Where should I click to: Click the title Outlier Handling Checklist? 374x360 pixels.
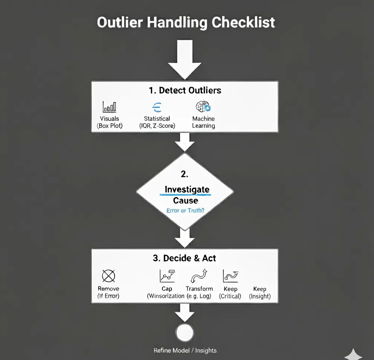pos(186,23)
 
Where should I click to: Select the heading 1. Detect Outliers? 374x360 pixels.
pos(185,90)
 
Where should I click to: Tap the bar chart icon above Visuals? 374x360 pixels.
pos(109,107)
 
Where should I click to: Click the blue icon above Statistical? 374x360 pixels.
pos(157,107)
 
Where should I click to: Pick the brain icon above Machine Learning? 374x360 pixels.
pos(203,107)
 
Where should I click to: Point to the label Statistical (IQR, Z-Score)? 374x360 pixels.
pos(157,122)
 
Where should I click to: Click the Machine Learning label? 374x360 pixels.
pos(203,122)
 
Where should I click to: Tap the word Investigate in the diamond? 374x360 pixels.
pos(187,189)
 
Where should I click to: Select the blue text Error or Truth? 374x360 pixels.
pos(185,210)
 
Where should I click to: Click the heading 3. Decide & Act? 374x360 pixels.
pos(184,258)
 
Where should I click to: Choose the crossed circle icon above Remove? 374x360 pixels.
pos(108,276)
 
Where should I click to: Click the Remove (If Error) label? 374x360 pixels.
pos(108,292)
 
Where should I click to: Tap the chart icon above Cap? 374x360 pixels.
pos(167,276)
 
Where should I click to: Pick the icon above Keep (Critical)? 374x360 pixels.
pos(230,276)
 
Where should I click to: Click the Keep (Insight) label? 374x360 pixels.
pos(259,292)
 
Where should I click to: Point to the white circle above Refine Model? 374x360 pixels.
pos(184,333)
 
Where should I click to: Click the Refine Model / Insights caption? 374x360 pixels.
pos(185,350)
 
